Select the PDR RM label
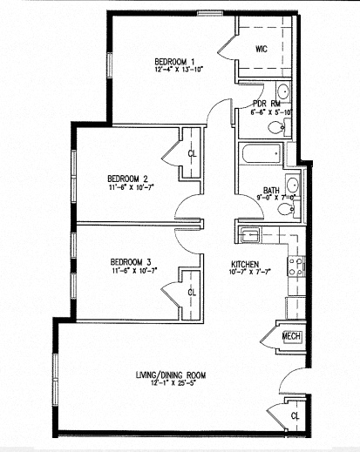267,103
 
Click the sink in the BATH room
293,185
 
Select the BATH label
270,191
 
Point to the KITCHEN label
246,265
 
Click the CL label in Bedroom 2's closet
192,154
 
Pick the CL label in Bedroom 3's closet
192,291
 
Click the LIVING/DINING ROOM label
170,375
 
